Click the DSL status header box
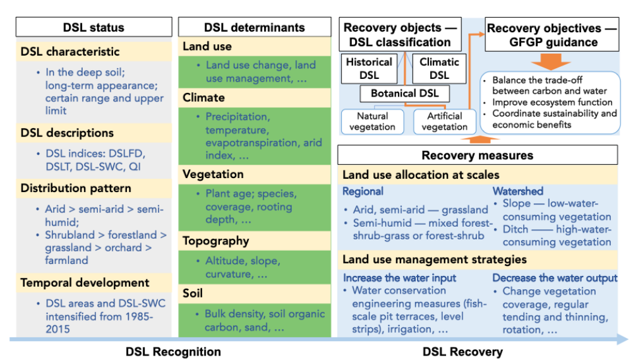(93, 27)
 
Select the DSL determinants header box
(254, 27)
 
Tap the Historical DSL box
(369, 68)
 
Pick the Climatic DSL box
(439, 68)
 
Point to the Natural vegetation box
(372, 121)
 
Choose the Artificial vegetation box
(445, 121)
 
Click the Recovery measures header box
(477, 155)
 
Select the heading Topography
(215, 241)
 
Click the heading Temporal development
(85, 282)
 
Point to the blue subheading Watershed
(517, 191)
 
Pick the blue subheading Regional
(363, 191)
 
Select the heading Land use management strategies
(434, 260)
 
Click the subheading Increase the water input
(399, 278)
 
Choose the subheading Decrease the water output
(555, 278)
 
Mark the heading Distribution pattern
(76, 188)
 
